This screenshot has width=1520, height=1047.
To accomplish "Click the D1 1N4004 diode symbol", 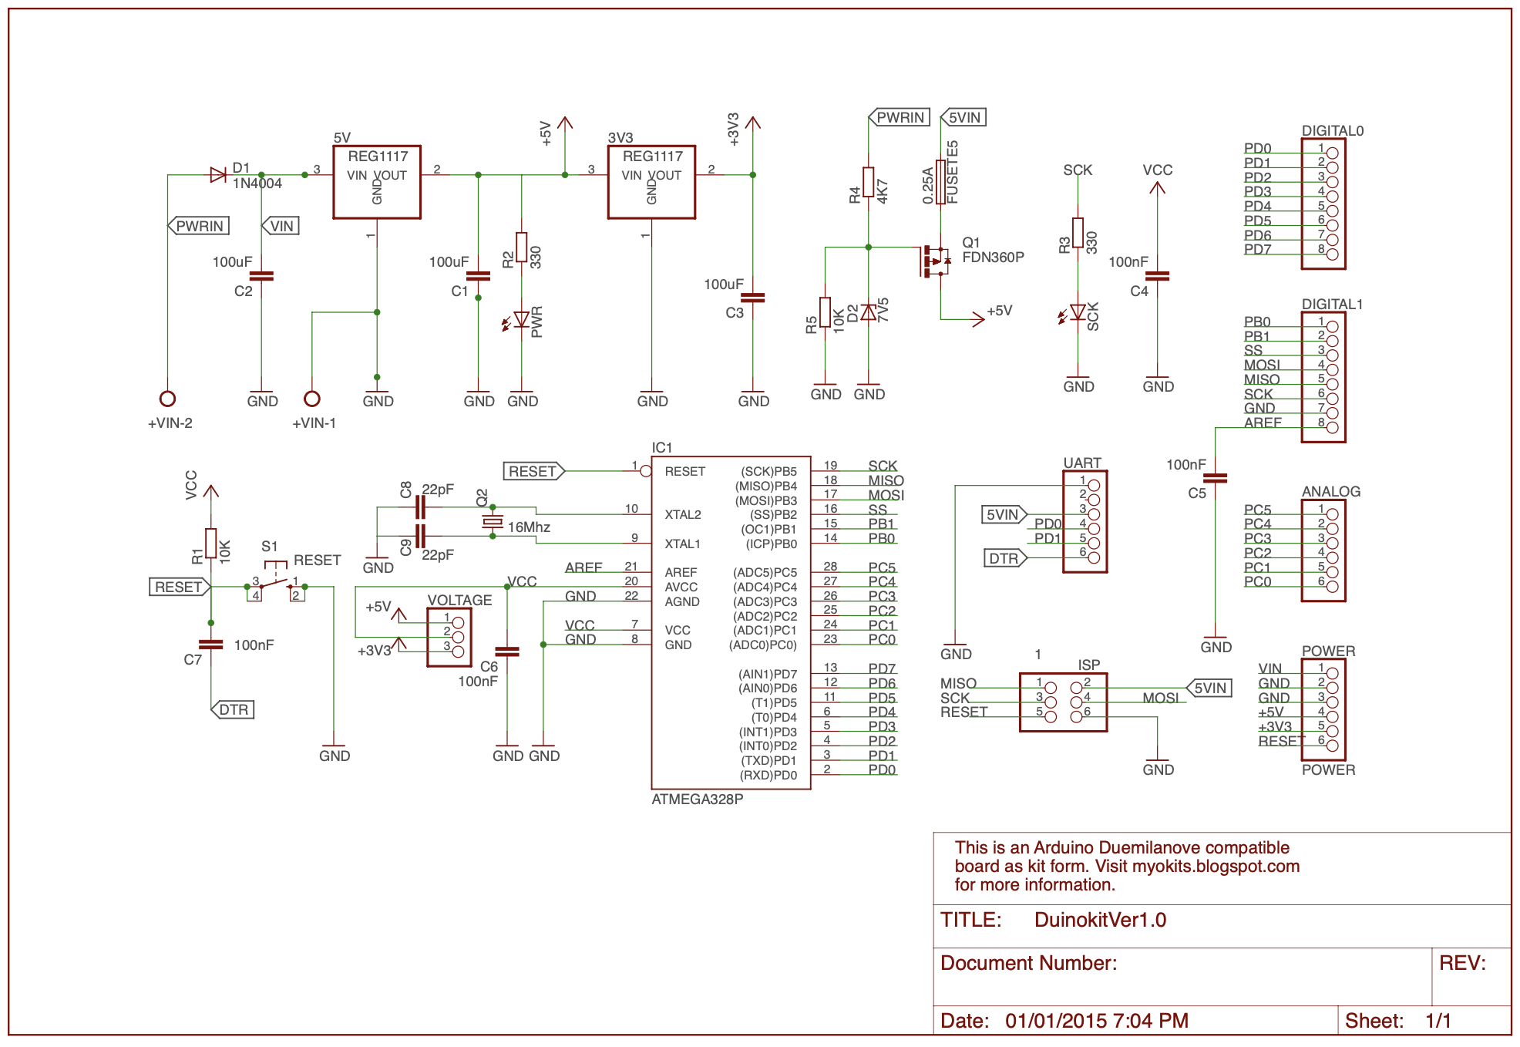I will [218, 175].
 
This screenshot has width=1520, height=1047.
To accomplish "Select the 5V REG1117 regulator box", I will [376, 182].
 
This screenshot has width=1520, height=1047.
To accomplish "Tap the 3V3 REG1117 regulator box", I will [651, 182].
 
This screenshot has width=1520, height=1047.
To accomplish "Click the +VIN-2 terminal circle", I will [167, 399].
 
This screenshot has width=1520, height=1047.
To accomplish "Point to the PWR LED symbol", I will [521, 319].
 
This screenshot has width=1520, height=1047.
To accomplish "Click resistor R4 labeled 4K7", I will [869, 182].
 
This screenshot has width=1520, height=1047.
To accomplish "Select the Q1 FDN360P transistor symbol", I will [935, 261].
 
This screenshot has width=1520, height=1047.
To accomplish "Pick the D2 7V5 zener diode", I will [869, 312].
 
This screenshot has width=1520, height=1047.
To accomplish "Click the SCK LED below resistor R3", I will [1078, 312].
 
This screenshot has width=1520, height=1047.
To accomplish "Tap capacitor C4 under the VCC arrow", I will [1157, 275].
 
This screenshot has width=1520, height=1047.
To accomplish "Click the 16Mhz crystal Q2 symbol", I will [493, 522].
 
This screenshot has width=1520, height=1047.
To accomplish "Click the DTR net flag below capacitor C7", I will [233, 709].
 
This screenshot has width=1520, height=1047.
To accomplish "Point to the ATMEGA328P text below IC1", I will [697, 800].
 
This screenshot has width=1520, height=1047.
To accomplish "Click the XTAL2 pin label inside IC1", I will [683, 515].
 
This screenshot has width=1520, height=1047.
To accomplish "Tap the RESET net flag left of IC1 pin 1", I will [533, 471].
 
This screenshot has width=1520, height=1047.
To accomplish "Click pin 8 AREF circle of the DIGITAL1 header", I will [1332, 427].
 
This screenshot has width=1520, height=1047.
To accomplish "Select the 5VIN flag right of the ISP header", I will [1209, 688].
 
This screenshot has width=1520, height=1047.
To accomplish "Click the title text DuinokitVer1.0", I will [1100, 920].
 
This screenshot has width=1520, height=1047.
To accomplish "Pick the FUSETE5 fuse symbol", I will [940, 182].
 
